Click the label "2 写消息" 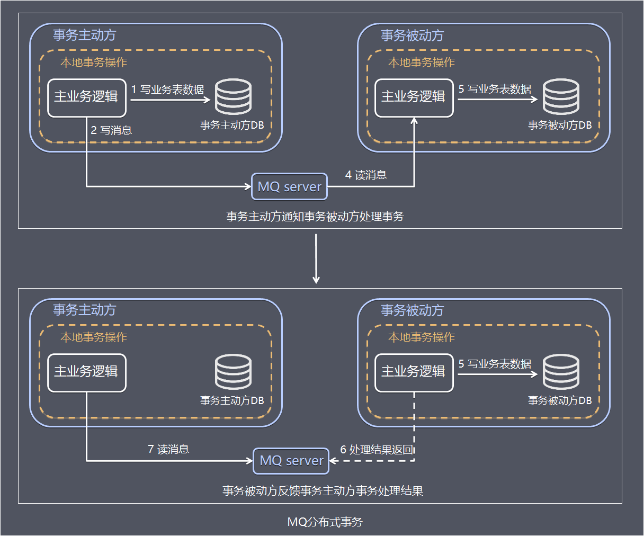(111, 130)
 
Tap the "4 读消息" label (366, 175)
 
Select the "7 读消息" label (168, 449)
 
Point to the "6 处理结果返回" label (377, 450)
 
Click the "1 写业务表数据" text (168, 90)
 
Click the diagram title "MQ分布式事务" (325, 522)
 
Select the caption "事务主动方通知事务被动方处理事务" (315, 216)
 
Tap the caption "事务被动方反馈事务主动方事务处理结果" (323, 490)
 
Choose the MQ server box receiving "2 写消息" (289, 186)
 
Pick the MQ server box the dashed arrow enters (291, 461)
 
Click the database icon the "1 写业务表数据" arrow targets (233, 97)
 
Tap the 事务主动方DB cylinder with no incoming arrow (233, 372)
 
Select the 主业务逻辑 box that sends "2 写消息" (87, 97)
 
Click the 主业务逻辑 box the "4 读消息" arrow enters (414, 97)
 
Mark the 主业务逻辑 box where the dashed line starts (414, 372)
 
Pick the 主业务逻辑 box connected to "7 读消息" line (87, 372)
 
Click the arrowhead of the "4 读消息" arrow (414, 121)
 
